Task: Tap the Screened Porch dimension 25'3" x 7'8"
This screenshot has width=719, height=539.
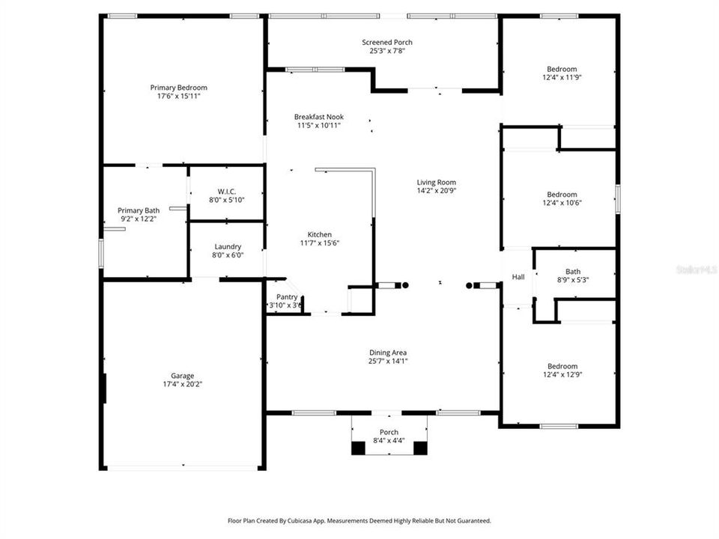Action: click(x=386, y=52)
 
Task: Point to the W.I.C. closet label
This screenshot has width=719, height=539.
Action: click(x=227, y=191)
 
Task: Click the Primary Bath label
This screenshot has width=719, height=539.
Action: click(x=139, y=210)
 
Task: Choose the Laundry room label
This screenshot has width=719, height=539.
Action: click(x=227, y=246)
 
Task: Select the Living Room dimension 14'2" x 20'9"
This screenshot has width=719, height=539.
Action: click(x=436, y=191)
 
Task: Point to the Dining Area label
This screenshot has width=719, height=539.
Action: click(x=387, y=353)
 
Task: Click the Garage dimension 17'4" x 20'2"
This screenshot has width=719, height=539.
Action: click(x=182, y=384)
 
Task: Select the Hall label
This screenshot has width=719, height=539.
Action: click(x=518, y=277)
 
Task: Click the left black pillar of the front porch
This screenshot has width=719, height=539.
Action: click(x=359, y=448)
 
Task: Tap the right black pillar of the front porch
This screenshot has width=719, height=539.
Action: click(x=420, y=448)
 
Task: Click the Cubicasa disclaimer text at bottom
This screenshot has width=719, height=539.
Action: click(x=359, y=520)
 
